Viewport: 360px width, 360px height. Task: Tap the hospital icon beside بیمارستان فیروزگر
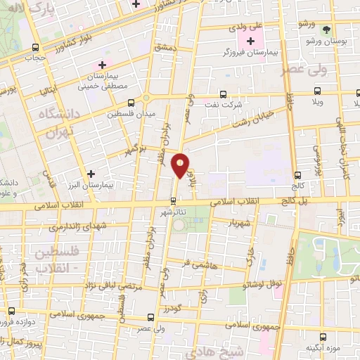click(x=251, y=42)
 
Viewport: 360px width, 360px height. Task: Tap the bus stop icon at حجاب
click(x=36, y=47)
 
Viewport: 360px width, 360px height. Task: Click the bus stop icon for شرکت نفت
click(x=223, y=94)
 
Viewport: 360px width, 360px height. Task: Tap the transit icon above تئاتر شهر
click(x=174, y=201)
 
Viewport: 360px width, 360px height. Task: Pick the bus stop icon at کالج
click(x=298, y=176)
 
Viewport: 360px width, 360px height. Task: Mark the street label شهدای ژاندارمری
click(x=70, y=228)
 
